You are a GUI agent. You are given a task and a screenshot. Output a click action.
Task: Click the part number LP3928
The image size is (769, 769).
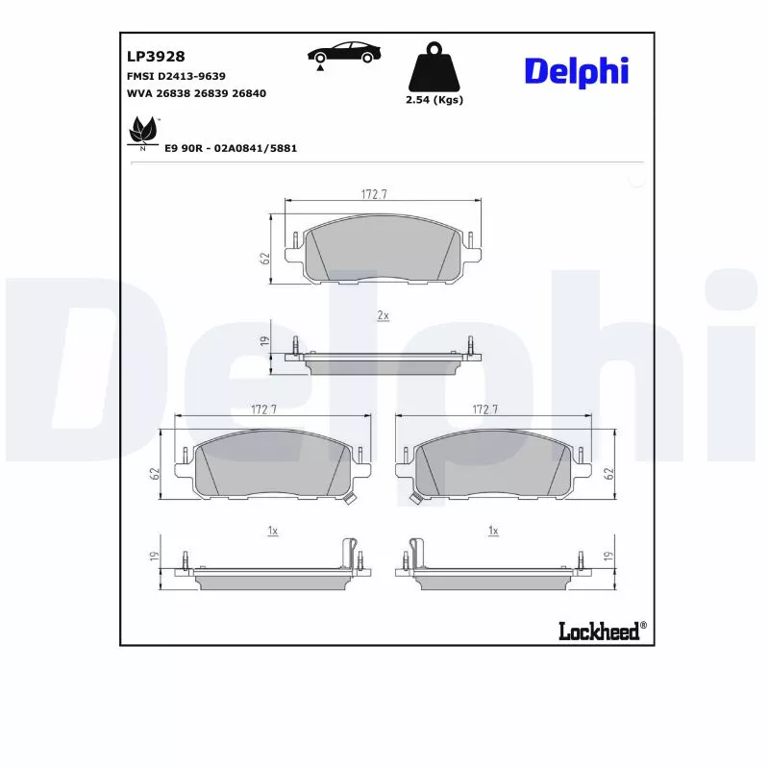coord(155,57)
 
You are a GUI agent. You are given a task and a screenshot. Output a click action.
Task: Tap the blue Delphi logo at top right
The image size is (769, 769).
coord(576,70)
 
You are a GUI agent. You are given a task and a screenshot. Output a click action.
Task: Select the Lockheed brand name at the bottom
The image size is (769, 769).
coord(598,631)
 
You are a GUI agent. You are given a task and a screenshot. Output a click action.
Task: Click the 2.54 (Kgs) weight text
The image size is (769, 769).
coord(434,100)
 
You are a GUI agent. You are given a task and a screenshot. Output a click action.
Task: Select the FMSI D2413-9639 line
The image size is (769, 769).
coord(176,75)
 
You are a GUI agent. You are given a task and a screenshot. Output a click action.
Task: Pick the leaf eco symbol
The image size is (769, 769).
coord(143,132)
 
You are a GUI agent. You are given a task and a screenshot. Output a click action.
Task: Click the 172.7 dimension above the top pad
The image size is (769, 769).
coord(374,194)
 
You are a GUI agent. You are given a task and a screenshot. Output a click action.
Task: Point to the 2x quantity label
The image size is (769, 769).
coord(383,315)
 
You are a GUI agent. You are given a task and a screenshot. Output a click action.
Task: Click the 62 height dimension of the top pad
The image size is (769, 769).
coord(262,258)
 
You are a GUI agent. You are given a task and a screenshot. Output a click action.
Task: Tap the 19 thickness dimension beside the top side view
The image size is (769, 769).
coord(262,341)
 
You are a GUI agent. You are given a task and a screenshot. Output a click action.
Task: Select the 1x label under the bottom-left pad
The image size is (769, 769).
coord(272,531)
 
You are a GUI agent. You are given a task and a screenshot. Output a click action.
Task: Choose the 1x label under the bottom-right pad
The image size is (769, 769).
coord(493,531)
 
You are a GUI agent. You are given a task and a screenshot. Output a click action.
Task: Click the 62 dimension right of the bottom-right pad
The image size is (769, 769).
coord(608,473)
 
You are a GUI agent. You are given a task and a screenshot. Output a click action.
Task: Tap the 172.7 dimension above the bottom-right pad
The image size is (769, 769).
coord(485,409)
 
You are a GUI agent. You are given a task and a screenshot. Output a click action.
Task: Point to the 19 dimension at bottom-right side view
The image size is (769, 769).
coord(608,557)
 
